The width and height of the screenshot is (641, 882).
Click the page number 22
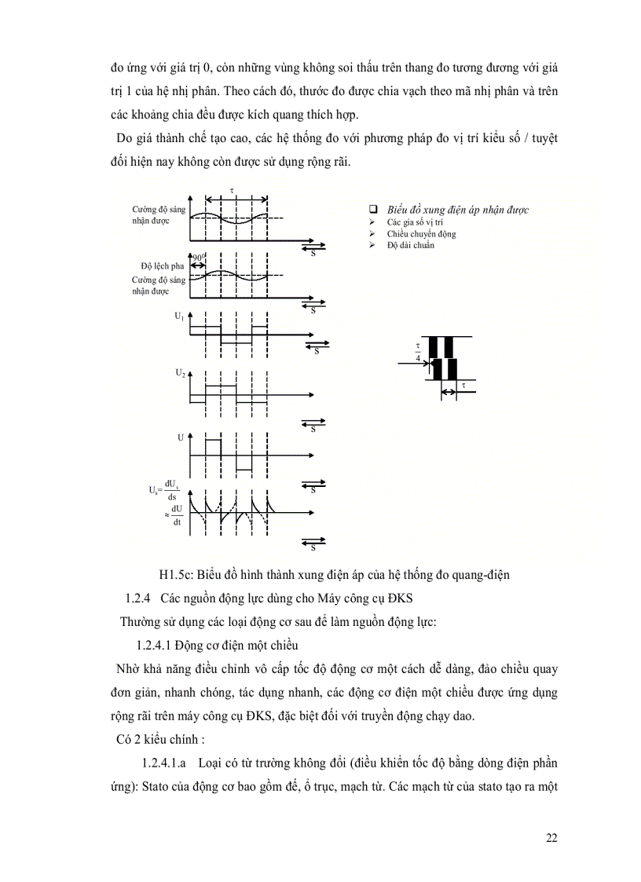point(551,837)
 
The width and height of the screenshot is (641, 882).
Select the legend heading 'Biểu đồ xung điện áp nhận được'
point(457,210)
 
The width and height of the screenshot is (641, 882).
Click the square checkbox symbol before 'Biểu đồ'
point(374,210)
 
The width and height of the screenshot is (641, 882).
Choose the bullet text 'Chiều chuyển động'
point(420,234)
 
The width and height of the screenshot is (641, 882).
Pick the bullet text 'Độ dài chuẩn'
point(410,245)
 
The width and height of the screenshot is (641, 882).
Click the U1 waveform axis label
point(179,316)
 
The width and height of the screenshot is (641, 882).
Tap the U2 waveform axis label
point(180,374)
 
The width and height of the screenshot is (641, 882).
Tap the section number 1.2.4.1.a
point(163,763)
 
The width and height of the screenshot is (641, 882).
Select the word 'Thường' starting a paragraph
point(138,622)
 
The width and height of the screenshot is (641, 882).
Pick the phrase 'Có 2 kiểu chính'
point(150,739)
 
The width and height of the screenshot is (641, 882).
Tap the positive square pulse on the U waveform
point(213,447)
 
